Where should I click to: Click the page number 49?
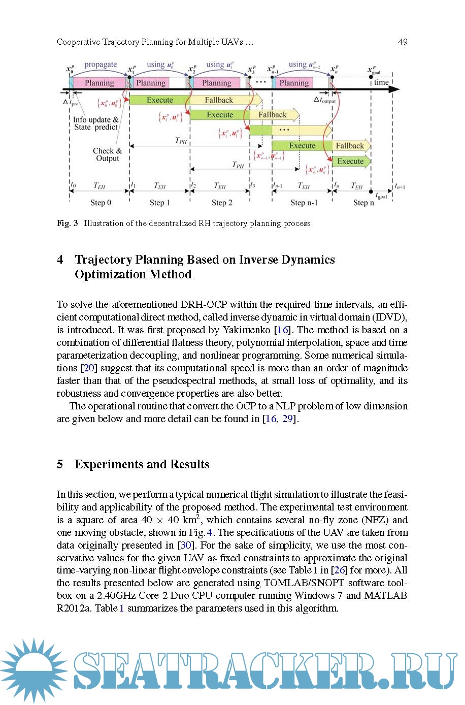(403, 42)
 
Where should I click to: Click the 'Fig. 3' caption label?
(67, 223)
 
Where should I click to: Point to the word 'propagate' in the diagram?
(101, 65)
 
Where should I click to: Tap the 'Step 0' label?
(101, 203)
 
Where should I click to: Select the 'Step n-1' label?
(304, 203)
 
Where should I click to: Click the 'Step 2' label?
(222, 203)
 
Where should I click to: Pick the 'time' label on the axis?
(381, 82)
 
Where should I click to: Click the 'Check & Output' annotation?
(107, 154)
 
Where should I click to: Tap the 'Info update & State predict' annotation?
(95, 123)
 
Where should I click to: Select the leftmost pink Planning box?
(99, 83)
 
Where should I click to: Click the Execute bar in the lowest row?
(350, 162)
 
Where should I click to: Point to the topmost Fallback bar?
(219, 100)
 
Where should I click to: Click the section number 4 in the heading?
(60, 260)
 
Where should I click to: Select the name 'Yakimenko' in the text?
(246, 330)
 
